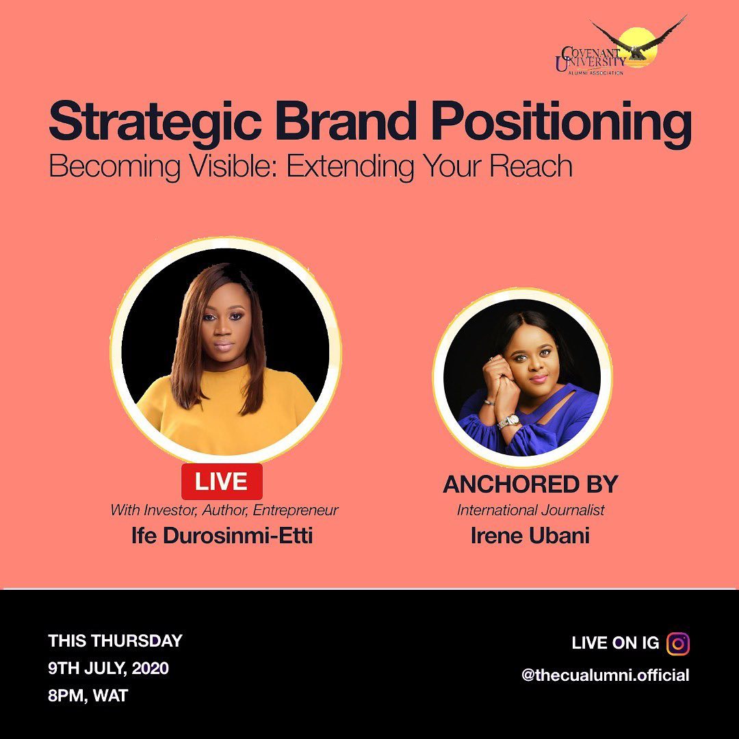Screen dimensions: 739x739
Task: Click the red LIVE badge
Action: click(x=222, y=481)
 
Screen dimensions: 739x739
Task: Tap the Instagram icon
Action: click(x=677, y=643)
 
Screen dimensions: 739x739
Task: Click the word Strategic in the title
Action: click(x=155, y=122)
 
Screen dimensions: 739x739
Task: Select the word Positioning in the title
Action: click(x=561, y=122)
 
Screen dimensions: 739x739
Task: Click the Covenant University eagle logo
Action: click(x=621, y=47)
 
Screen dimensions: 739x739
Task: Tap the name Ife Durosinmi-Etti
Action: click(x=222, y=536)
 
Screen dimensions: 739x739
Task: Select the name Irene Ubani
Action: click(x=530, y=536)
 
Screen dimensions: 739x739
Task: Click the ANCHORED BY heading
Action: click(x=530, y=484)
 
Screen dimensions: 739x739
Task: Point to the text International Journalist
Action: click(x=531, y=510)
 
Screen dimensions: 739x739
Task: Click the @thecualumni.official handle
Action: click(x=606, y=675)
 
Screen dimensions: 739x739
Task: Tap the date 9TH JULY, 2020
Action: click(x=108, y=669)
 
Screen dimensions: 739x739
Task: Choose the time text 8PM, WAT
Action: click(x=88, y=696)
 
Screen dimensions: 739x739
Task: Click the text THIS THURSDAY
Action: click(x=115, y=640)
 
